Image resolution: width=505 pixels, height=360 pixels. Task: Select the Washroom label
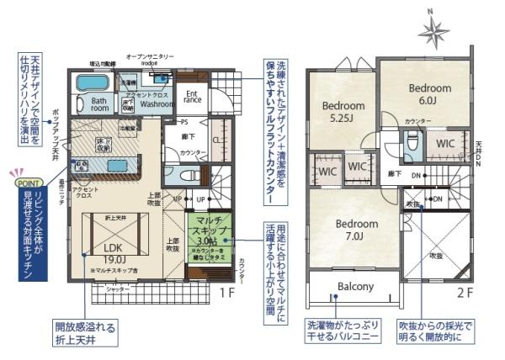click(x=157, y=106)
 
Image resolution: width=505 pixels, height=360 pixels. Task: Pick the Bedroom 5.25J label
click(x=343, y=111)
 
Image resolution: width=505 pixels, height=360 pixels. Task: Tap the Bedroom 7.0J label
click(x=357, y=230)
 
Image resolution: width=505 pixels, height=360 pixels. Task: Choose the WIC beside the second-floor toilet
click(x=445, y=143)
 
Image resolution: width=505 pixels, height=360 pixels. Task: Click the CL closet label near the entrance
click(x=216, y=140)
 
